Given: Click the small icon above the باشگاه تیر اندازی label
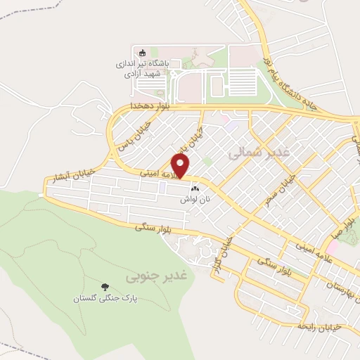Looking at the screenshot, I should click(141, 51).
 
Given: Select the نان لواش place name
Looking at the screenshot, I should click(195, 200).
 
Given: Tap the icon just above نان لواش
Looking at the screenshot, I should click(195, 188).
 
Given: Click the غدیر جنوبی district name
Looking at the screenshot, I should click(148, 277).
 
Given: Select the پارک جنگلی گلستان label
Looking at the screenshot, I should click(105, 298).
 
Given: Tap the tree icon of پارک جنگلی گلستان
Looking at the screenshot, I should click(105, 286).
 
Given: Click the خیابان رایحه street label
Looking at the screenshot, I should click(319, 325).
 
